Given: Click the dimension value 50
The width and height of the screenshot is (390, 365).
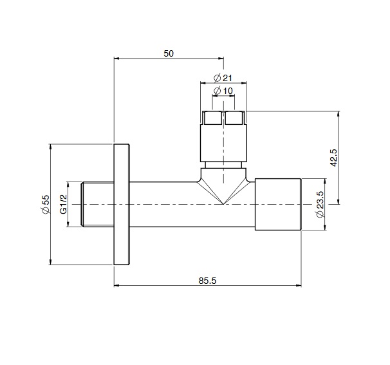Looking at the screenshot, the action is click(169, 53).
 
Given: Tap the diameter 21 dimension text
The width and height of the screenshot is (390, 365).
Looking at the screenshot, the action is click(223, 78).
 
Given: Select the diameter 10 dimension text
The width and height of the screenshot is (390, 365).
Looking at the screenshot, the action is click(223, 91).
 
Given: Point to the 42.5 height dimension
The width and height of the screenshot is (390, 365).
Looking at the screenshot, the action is click(333, 158).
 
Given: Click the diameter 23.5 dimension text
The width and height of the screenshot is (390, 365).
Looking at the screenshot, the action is click(320, 204).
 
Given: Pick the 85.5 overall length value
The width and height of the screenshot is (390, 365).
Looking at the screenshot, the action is click(207, 281).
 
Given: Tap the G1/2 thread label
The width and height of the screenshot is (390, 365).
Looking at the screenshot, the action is click(64, 204).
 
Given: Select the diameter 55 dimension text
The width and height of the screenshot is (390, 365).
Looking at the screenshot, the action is click(46, 204).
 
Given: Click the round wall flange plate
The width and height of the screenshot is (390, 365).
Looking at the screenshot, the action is click(122, 204).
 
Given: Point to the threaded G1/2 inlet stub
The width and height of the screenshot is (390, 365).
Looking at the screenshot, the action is click(98, 204).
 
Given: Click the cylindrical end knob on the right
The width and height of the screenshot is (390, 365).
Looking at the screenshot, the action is click(278, 204).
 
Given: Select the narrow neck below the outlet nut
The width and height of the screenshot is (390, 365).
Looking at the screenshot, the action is click(223, 165).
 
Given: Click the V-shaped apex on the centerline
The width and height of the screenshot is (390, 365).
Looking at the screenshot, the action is click(223, 204).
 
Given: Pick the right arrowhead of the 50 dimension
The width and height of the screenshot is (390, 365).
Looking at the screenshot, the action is click(221, 59).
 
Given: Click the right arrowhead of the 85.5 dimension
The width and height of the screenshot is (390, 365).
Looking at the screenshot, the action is click(299, 285).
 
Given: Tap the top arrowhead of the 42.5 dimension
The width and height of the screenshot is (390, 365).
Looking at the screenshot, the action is click(339, 114).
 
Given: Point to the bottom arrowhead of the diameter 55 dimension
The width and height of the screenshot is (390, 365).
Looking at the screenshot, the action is click(50, 262).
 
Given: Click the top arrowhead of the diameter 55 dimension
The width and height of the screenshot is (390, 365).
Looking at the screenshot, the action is click(50, 147).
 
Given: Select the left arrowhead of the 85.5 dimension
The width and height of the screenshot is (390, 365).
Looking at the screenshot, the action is click(117, 285).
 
